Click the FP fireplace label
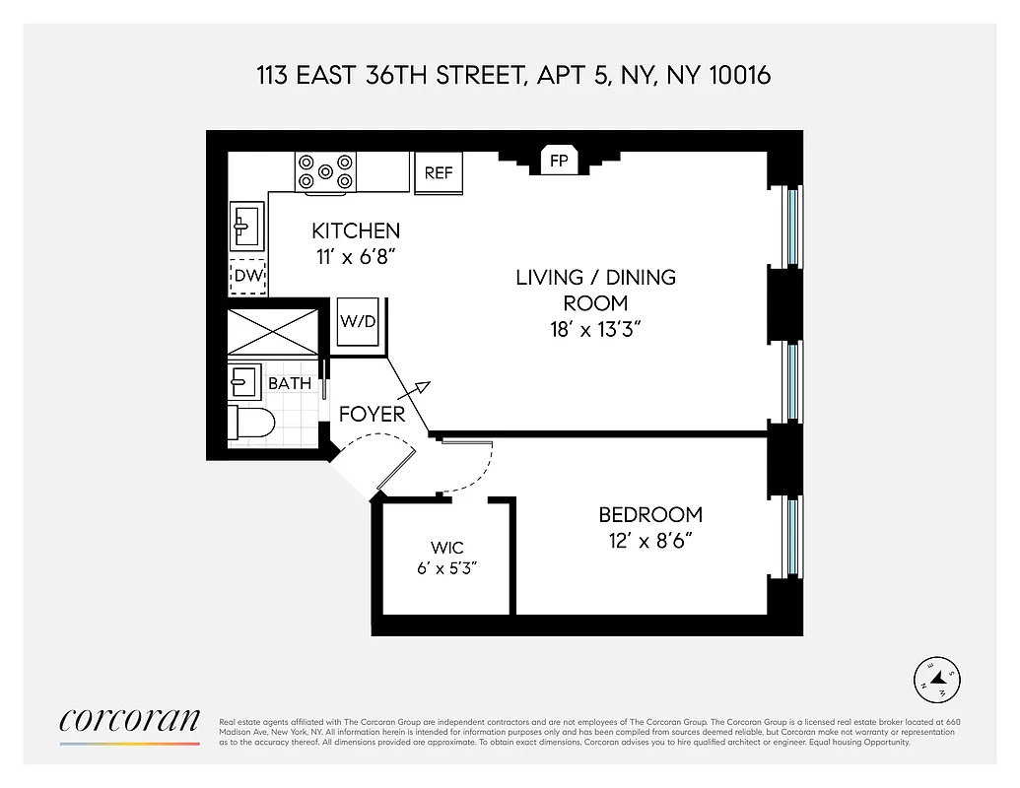pyautogui.click(x=559, y=161)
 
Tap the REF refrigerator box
pyautogui.click(x=439, y=172)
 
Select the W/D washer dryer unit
pyautogui.click(x=359, y=321)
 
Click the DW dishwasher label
pyautogui.click(x=248, y=276)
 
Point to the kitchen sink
pyautogui.click(x=245, y=226)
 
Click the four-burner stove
pyautogui.click(x=325, y=171)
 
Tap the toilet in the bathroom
pyautogui.click(x=250, y=423)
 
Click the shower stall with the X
pyautogui.click(x=273, y=332)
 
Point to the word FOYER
pyautogui.click(x=372, y=415)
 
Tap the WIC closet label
pyautogui.click(x=446, y=548)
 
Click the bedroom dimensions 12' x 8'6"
pyautogui.click(x=650, y=540)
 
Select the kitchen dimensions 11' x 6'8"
pyautogui.click(x=356, y=256)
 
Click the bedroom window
pyautogui.click(x=792, y=536)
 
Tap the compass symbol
pyautogui.click(x=937, y=679)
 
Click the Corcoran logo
pyautogui.click(x=129, y=721)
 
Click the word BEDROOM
pyautogui.click(x=650, y=514)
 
